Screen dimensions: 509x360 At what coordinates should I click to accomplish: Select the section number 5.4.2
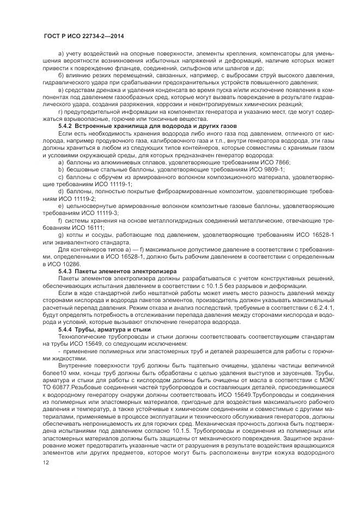[65, 126]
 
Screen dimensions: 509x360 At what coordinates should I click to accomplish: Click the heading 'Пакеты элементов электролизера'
[116, 271]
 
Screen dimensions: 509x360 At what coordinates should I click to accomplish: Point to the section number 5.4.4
[65, 330]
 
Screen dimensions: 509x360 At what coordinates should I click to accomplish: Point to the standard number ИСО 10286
[66, 263]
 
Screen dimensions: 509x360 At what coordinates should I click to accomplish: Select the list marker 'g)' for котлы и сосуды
[60, 234]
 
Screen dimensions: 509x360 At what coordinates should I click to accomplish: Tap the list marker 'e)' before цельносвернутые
[60, 207]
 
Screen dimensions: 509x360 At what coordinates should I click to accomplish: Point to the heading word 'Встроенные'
[95, 126]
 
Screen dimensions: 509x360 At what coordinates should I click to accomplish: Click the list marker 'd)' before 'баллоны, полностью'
[60, 192]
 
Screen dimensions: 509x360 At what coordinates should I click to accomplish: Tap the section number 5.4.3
[65, 271]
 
